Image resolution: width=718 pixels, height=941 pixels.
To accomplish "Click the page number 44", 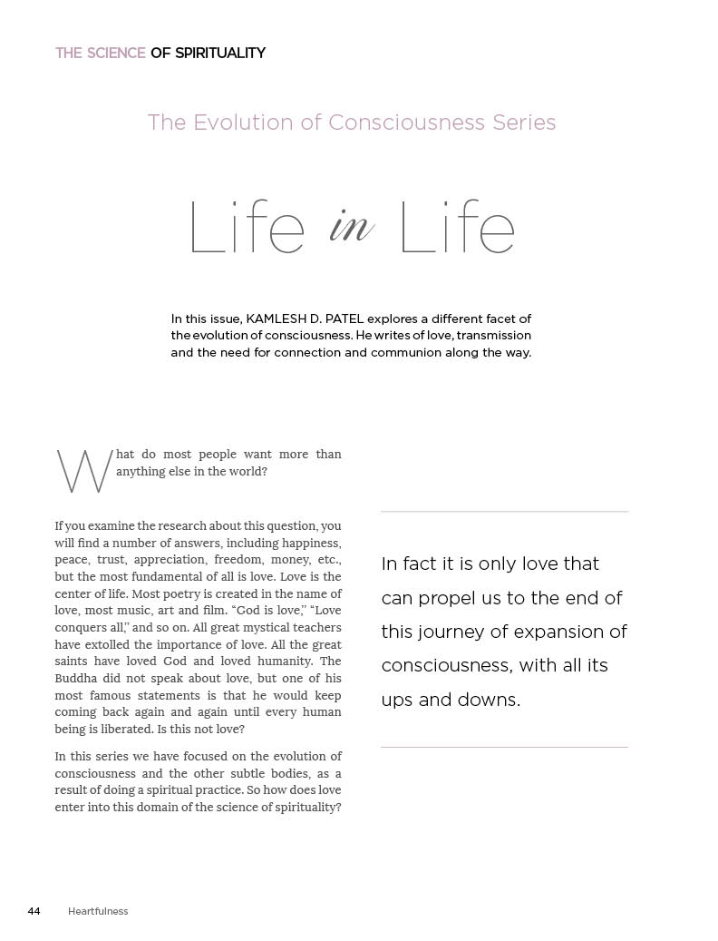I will [x=34, y=911].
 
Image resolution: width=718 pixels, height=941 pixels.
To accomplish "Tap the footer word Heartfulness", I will [x=98, y=911].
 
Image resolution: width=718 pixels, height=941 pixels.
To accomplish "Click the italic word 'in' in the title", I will [x=351, y=226].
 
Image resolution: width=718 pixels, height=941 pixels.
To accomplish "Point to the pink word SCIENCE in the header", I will [x=115, y=54].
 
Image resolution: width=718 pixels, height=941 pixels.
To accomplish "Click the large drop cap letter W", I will [x=84, y=472].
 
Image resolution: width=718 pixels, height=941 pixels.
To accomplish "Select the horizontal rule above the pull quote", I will [x=504, y=512].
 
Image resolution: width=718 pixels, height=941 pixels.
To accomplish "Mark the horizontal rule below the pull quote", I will [x=504, y=747].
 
